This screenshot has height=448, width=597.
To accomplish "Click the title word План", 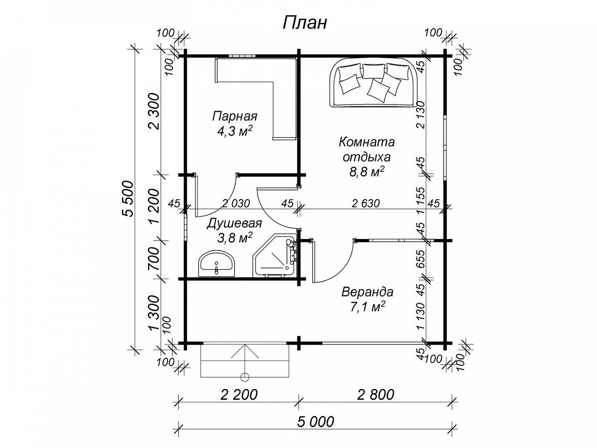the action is coord(304,23).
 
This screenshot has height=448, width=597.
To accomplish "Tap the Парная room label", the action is coord(235,117).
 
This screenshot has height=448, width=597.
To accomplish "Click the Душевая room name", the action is coord(234,224).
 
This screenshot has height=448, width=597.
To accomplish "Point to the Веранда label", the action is coord(367,292).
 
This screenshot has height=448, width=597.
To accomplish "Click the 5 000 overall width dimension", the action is coord(315,422).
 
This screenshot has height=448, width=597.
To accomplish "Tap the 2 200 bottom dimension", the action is coord(238,395).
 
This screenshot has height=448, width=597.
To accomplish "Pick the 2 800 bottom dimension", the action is coord(375,395).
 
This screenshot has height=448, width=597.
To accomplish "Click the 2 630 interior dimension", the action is coord(366,203).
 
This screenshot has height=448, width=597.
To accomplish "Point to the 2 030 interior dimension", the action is coord(236,203).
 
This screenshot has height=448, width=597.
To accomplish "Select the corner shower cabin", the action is coord(274,257).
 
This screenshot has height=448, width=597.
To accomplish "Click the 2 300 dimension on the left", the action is coord(154,112).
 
